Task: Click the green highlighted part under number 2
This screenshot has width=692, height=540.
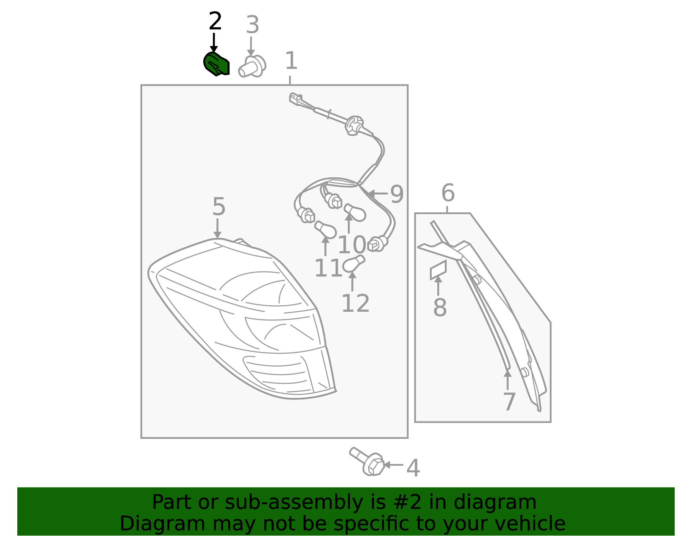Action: pos(216,64)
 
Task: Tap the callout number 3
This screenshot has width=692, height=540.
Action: pos(253,25)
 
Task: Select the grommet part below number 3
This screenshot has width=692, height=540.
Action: pos(252,67)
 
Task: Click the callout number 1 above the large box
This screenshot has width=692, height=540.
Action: pos(291,61)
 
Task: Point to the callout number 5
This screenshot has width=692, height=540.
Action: pos(219,207)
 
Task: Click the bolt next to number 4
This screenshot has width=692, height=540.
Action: pos(367,461)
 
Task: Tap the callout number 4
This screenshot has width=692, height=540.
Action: pos(413,468)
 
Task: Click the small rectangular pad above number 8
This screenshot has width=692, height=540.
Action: pos(438,270)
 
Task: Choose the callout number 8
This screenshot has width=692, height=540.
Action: pos(440,307)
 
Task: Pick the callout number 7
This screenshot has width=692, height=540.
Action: pos(509,402)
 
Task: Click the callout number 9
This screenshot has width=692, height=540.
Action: pos(397,194)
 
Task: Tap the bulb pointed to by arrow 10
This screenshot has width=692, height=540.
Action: pos(355,212)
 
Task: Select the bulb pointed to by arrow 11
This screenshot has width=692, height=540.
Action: pos(325,230)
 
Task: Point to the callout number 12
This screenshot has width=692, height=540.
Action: pos(356,303)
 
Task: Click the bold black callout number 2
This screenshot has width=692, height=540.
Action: pos(215,21)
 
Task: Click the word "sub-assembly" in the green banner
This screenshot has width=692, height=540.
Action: pos(294,502)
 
